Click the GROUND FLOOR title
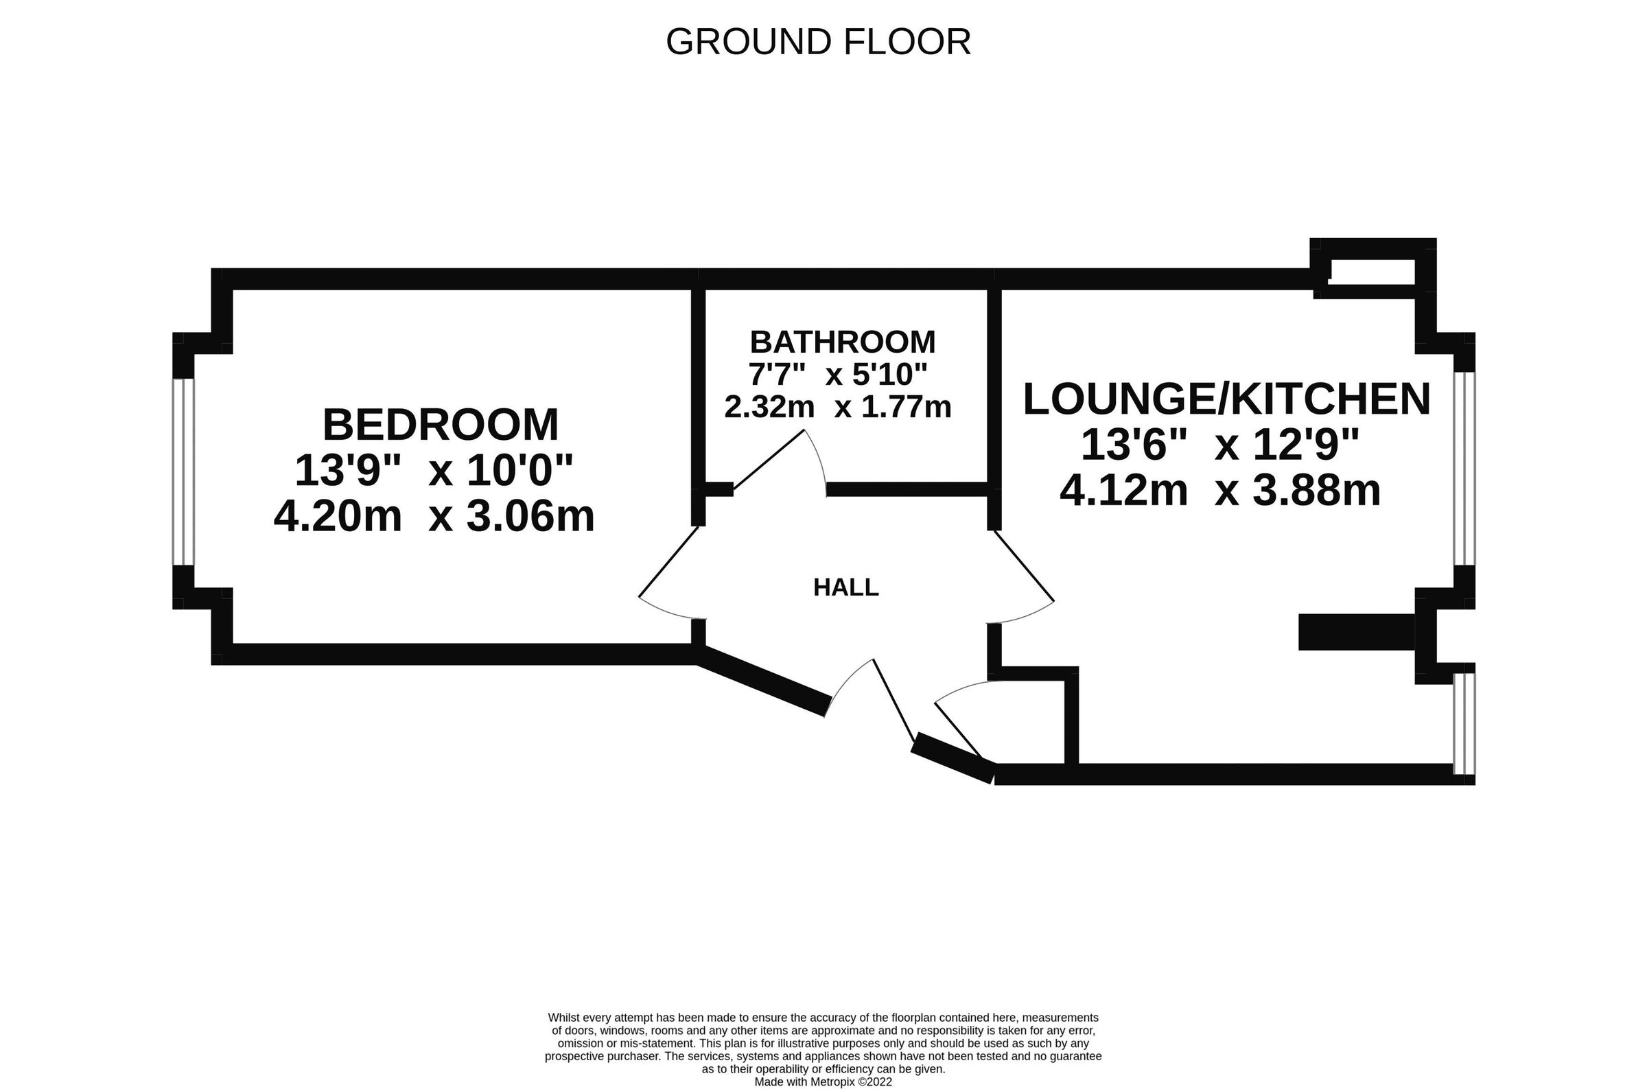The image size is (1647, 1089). [817, 43]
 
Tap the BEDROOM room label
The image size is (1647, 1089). [440, 425]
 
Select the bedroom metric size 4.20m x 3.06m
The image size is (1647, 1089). [434, 517]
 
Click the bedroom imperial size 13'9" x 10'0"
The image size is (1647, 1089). [434, 471]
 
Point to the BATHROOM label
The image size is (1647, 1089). [842, 342]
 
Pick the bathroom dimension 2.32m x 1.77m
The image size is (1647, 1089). [837, 407]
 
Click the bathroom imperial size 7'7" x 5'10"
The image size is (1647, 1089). [837, 375]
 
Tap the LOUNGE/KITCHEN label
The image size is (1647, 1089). [1226, 399]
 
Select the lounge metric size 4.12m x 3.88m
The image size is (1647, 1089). [1220, 491]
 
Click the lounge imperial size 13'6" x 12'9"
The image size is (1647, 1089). [1220, 445]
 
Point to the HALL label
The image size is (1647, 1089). [845, 588]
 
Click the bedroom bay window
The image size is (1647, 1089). [183, 471]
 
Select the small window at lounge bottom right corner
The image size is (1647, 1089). [1464, 723]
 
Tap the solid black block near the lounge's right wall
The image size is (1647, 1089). [1355, 632]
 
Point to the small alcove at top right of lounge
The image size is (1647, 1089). [1371, 272]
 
